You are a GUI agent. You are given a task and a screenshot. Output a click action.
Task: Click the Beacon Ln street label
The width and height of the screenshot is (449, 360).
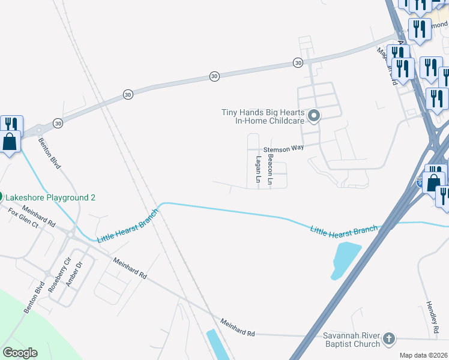pos(270,169)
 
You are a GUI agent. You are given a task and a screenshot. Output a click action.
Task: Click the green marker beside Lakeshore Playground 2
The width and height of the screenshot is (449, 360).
pos(1,197)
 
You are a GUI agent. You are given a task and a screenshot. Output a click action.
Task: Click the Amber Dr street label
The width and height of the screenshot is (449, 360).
pos(74,273)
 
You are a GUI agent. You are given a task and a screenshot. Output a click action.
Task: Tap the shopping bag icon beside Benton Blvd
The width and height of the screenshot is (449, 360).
pos(10,142)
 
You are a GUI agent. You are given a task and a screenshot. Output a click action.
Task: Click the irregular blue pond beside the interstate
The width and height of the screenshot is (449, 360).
pos(345,260)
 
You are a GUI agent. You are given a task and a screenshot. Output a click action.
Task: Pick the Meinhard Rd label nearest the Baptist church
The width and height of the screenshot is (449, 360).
pos(238,329)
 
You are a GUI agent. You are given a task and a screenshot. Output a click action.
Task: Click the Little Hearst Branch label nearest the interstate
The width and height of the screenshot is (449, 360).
pos(344,229)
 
